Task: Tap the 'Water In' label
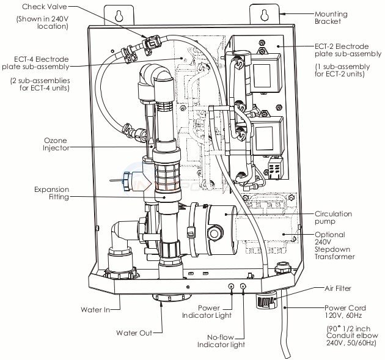[95, 309]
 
